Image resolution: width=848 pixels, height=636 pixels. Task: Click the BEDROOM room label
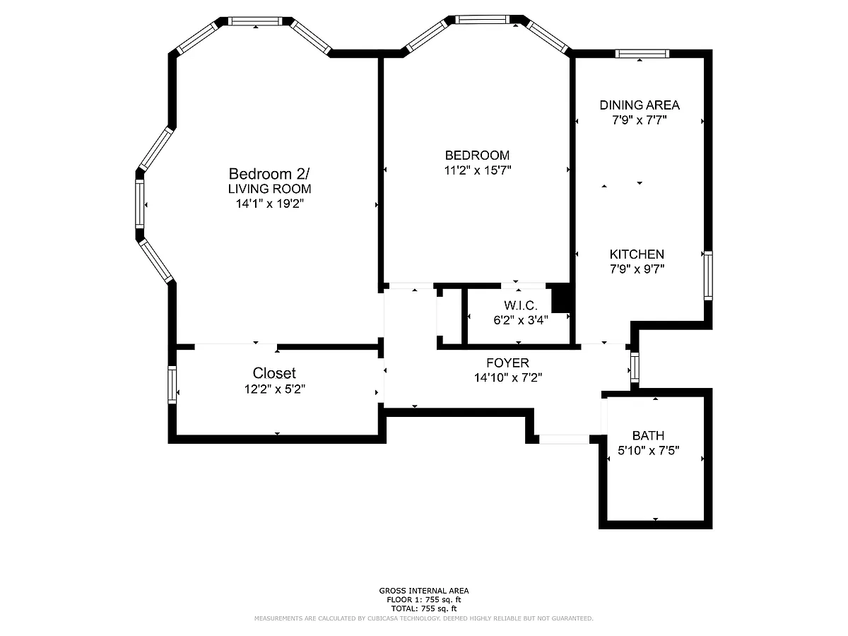tap(477, 155)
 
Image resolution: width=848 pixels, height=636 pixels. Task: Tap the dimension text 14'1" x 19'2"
tap(270, 204)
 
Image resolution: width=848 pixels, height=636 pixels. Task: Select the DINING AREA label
tap(640, 105)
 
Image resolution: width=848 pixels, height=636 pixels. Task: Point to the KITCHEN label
tap(637, 254)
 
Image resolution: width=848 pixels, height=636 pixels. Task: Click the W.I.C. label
tap(520, 305)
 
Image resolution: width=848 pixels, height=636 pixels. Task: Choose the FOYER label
tap(507, 363)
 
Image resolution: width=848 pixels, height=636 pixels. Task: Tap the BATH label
tap(648, 435)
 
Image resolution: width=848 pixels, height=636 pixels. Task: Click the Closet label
tap(274, 373)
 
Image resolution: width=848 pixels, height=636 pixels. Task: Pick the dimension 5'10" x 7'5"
tap(648, 451)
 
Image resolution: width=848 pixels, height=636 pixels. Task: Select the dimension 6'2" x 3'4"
tap(520, 320)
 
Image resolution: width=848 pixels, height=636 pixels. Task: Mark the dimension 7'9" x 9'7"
tap(637, 269)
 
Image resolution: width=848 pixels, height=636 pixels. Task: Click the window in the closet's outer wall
tap(172, 384)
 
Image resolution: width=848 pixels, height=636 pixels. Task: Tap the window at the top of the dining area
tap(642, 54)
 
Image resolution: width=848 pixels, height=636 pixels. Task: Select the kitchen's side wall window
tap(708, 276)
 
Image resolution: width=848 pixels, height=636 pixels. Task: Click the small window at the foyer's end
tap(635, 367)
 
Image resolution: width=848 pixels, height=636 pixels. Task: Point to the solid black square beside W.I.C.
tap(560, 298)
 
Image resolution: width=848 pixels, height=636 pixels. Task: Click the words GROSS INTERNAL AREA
tap(424, 591)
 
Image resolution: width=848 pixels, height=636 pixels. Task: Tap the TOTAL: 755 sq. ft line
tap(424, 608)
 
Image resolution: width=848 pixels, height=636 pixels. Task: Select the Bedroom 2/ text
tap(269, 174)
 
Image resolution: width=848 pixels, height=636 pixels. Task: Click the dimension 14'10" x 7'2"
tap(508, 377)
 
